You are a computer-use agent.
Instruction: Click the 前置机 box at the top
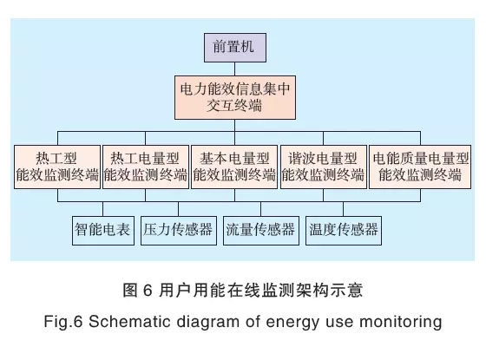tap(235, 48)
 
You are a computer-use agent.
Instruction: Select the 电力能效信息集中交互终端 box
tap(235, 97)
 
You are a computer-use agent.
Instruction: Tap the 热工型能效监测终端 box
tap(57, 167)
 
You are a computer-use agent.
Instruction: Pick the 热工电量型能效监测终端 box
tap(146, 167)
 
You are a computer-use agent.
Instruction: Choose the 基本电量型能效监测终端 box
tap(234, 167)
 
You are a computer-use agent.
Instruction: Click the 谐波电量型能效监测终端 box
tap(324, 167)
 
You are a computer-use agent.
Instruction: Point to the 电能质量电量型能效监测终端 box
tap(420, 167)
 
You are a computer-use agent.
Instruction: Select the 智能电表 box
tap(103, 231)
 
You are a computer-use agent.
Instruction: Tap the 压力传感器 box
tap(179, 231)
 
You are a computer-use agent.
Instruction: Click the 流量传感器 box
tap(261, 231)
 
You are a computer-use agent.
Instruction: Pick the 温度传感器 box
tap(344, 231)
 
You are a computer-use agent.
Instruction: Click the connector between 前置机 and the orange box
tap(235, 69)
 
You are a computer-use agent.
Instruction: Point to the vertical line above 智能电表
tap(103, 209)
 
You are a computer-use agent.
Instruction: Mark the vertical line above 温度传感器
tap(343, 209)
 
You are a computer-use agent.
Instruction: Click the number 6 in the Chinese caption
tap(148, 291)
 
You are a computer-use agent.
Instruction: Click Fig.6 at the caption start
tap(63, 322)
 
